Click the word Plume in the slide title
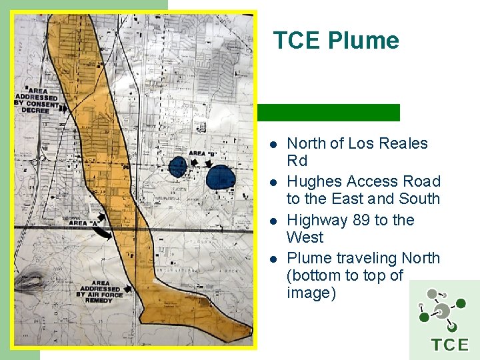tap(363, 41)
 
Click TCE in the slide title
tap(297, 41)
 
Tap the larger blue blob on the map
tap(220, 177)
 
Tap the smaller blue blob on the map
tap(177, 167)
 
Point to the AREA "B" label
tap(203, 153)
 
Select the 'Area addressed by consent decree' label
tap(36, 100)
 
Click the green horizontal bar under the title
tap(328, 113)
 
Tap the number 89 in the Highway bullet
tap(361, 220)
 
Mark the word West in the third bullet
tap(305, 237)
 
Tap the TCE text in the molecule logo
tap(450, 345)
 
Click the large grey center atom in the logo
tap(442, 311)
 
